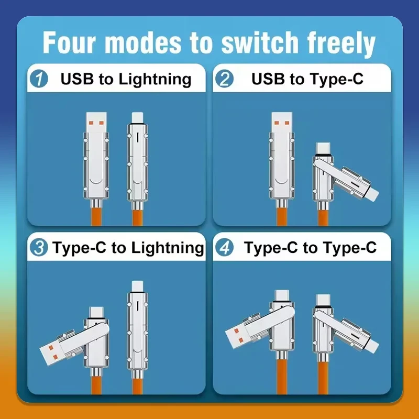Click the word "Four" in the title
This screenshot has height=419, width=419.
point(69,42)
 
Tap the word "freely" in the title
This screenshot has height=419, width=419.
point(341,44)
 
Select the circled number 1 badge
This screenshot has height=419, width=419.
point(39,79)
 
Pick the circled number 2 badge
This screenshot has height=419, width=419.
point(225,79)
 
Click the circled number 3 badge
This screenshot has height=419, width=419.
point(39,247)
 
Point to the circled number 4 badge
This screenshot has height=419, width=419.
point(225,247)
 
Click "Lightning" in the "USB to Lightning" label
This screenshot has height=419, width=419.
point(155,80)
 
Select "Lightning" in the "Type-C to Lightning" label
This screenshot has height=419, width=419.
point(168,248)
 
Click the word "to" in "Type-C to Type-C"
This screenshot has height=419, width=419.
point(310,248)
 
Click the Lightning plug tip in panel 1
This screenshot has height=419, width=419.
point(137,118)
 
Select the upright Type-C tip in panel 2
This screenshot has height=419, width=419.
point(323,149)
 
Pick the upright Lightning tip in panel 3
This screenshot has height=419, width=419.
point(137,286)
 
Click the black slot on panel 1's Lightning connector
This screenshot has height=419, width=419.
point(137,138)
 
